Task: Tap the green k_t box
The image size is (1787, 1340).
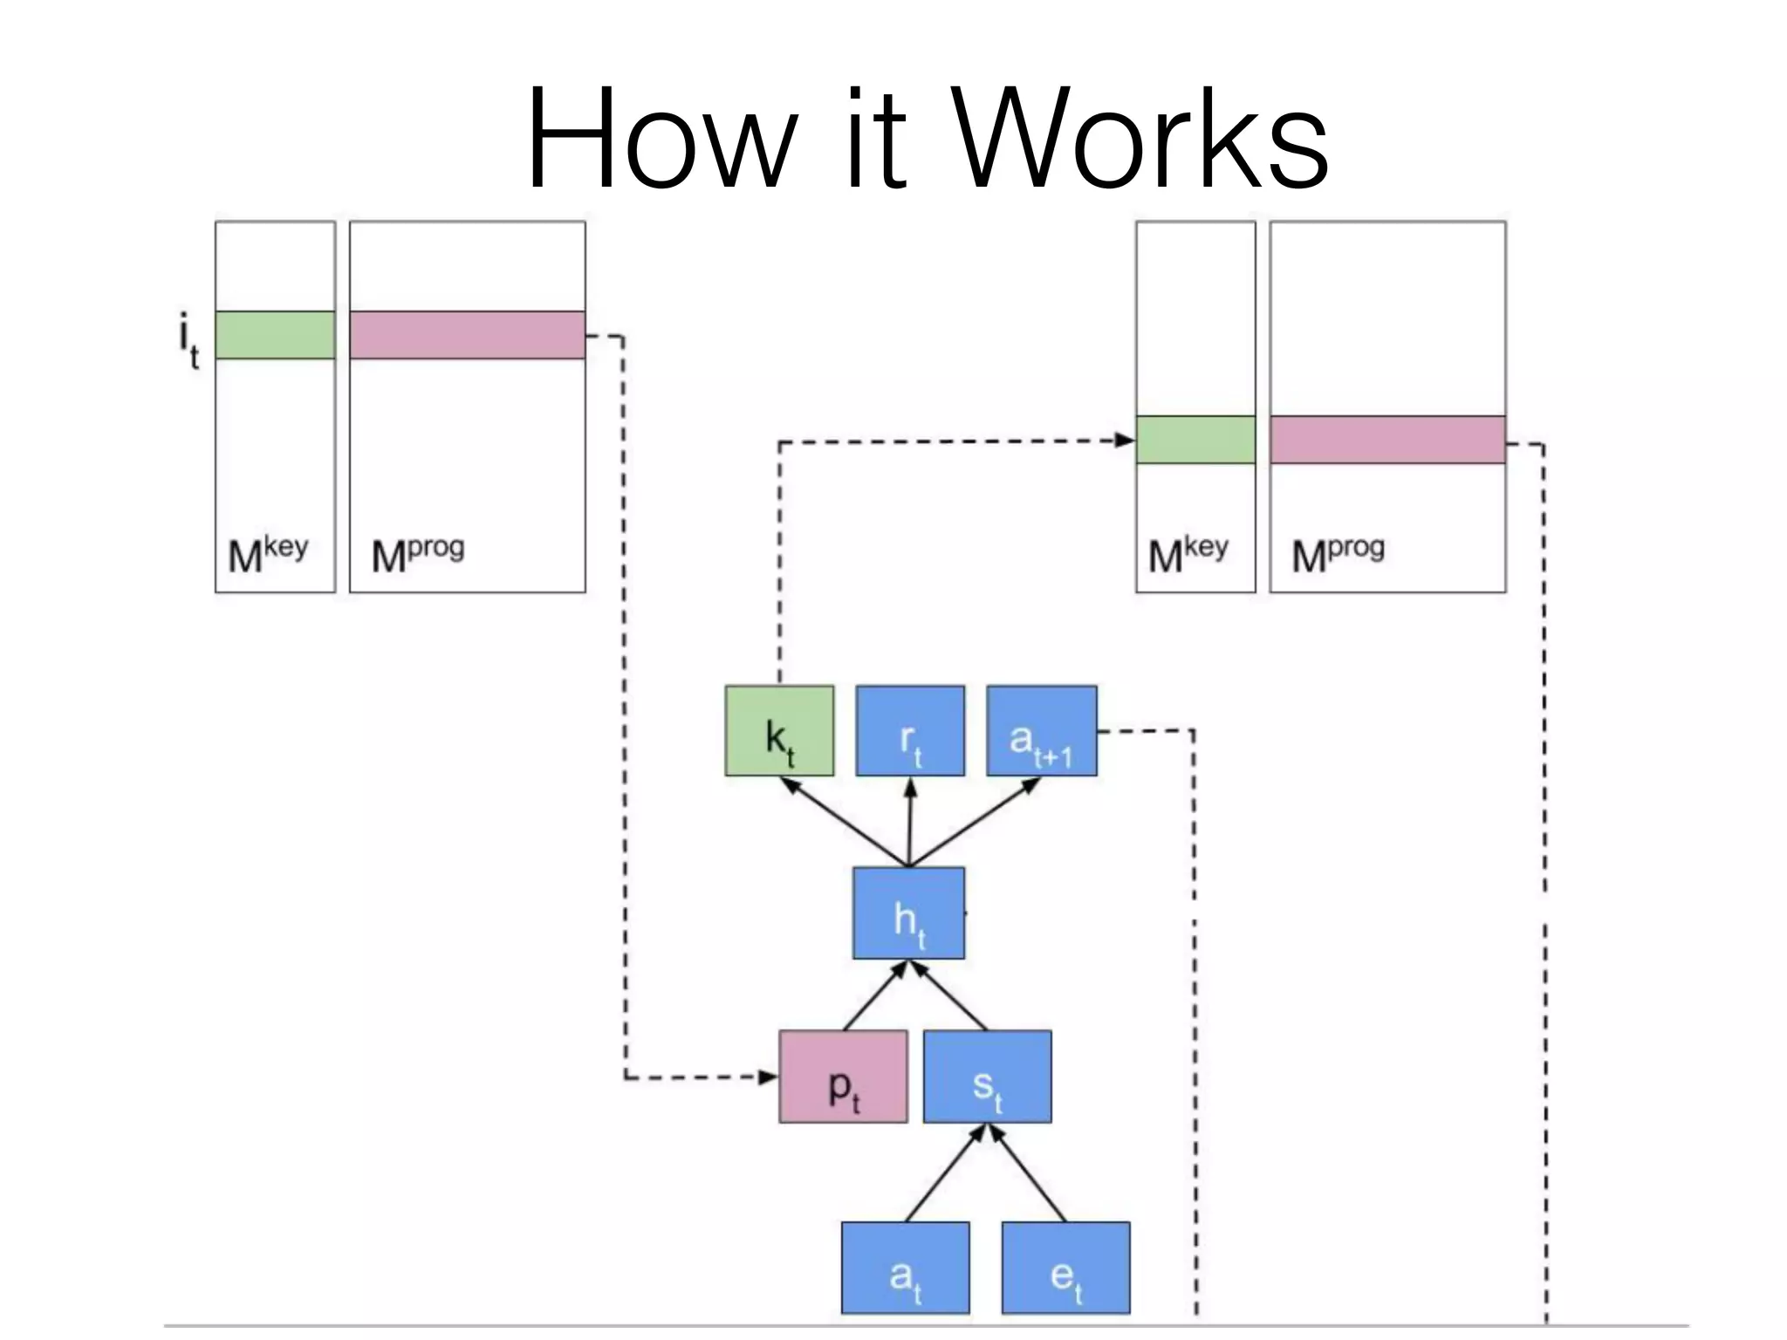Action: coord(779,731)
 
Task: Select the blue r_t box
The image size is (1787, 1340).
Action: coord(910,731)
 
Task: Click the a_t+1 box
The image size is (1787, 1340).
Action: coord(1042,731)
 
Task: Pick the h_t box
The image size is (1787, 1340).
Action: coord(908,913)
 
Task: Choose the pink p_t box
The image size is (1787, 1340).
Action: coord(843,1077)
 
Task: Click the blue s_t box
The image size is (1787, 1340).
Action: coord(987,1077)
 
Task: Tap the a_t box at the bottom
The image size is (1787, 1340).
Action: coord(905,1268)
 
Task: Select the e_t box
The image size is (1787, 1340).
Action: coord(1065,1268)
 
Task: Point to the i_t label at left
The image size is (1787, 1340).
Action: coord(188,342)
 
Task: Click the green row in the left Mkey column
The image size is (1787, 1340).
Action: coord(275,335)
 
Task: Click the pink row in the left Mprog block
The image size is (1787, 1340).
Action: coord(467,335)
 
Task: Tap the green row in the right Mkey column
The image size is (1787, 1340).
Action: coord(1195,440)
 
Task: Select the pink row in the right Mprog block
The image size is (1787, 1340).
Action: coord(1387,440)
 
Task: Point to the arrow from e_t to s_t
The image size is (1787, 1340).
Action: coord(1028,1173)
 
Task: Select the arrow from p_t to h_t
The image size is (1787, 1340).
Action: coord(875,995)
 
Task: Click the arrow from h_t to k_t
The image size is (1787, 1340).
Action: coord(843,821)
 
